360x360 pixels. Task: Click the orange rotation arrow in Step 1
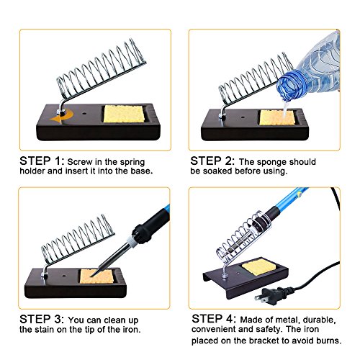point(62,117)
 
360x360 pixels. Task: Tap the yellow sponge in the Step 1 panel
point(124,114)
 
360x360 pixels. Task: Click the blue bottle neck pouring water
point(291,86)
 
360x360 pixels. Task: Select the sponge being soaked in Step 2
point(277,117)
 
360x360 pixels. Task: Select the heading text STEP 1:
point(42,161)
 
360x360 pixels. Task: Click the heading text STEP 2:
point(212,161)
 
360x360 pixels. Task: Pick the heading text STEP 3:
point(42,319)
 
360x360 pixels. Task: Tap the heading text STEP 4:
point(214,319)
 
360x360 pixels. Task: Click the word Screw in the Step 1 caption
point(80,162)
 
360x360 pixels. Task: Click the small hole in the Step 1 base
point(84,113)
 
